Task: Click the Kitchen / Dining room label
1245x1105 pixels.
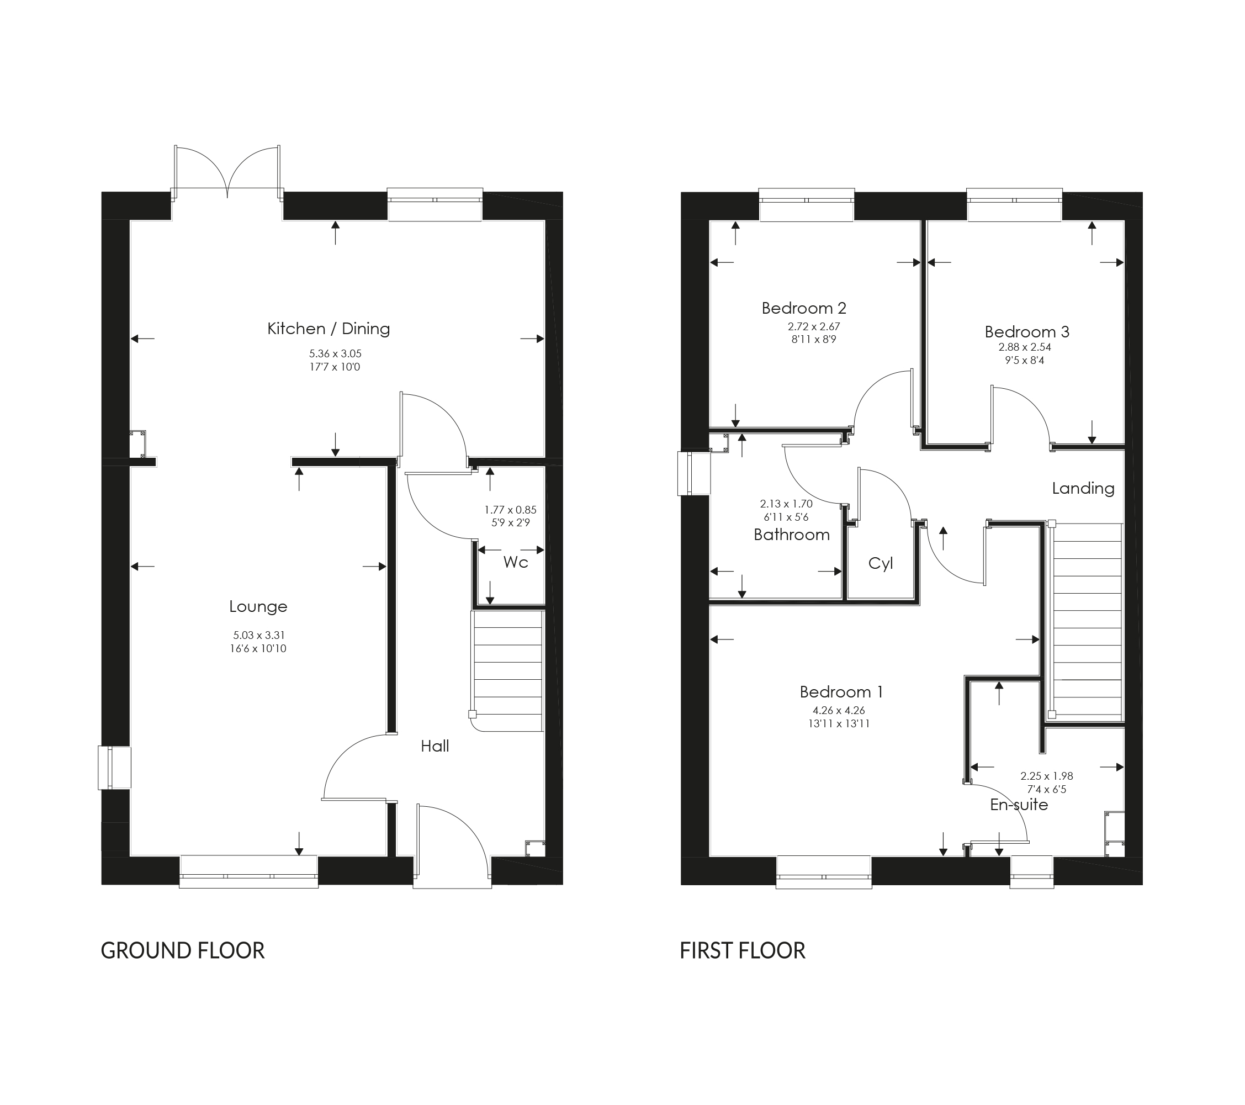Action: pos(329,329)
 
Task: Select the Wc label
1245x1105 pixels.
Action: pos(515,562)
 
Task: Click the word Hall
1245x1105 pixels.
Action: pos(435,746)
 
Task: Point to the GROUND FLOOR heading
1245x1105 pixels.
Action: pos(182,950)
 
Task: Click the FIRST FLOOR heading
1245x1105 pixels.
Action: pos(742,950)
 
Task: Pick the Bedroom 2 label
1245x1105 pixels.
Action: pos(803,308)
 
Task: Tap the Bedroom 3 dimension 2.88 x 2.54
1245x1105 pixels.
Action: pos(1025,347)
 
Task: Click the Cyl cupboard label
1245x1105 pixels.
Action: pos(880,563)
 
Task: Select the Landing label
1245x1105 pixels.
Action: pos(1083,489)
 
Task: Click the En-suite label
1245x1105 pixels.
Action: pos(1019,805)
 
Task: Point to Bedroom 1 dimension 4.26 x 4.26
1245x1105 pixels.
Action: pos(838,710)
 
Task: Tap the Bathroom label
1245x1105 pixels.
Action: pos(791,535)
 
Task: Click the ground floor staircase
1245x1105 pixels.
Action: pos(507,670)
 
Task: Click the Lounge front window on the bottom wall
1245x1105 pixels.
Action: pos(248,871)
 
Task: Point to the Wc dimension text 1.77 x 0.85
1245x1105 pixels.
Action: pos(511,510)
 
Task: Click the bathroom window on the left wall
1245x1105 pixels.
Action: pos(695,473)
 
